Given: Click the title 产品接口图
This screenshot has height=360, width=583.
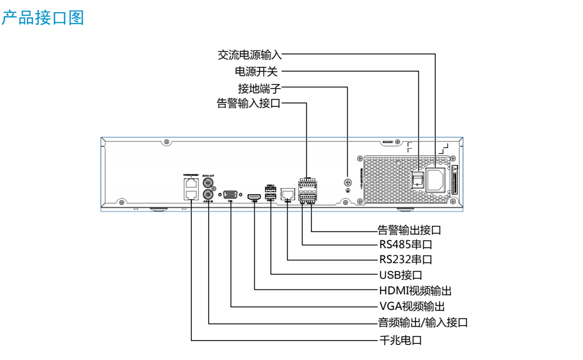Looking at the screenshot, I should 42,18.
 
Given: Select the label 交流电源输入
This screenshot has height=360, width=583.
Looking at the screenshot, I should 250,55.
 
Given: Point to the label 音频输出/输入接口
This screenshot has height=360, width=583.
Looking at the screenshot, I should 423,322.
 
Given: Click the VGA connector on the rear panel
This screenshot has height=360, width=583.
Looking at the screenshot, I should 230,195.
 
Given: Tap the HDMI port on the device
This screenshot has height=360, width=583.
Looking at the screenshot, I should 255,197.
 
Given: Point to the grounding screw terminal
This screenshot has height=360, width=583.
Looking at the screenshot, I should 348,183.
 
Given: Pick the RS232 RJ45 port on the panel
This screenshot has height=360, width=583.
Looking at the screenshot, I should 288,194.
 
